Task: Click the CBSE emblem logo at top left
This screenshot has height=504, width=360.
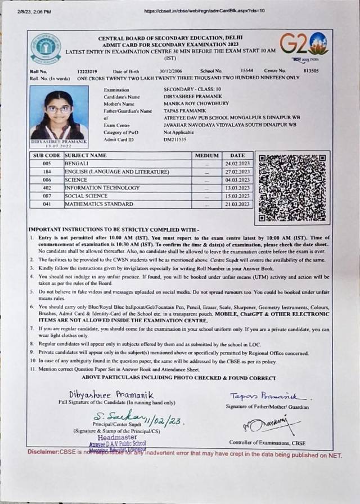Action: tap(46, 49)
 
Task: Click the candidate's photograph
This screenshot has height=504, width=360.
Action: tap(59, 113)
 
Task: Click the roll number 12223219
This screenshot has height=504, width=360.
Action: tap(87, 71)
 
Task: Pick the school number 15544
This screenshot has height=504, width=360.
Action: tap(247, 71)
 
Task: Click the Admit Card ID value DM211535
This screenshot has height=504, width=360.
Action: tap(175, 138)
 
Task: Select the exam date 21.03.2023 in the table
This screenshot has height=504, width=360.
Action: tap(237, 204)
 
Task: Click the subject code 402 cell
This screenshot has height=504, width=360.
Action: tap(47, 188)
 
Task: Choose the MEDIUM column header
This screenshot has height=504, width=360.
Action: tap(206, 155)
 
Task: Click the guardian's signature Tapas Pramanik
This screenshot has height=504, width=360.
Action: tap(267, 397)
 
